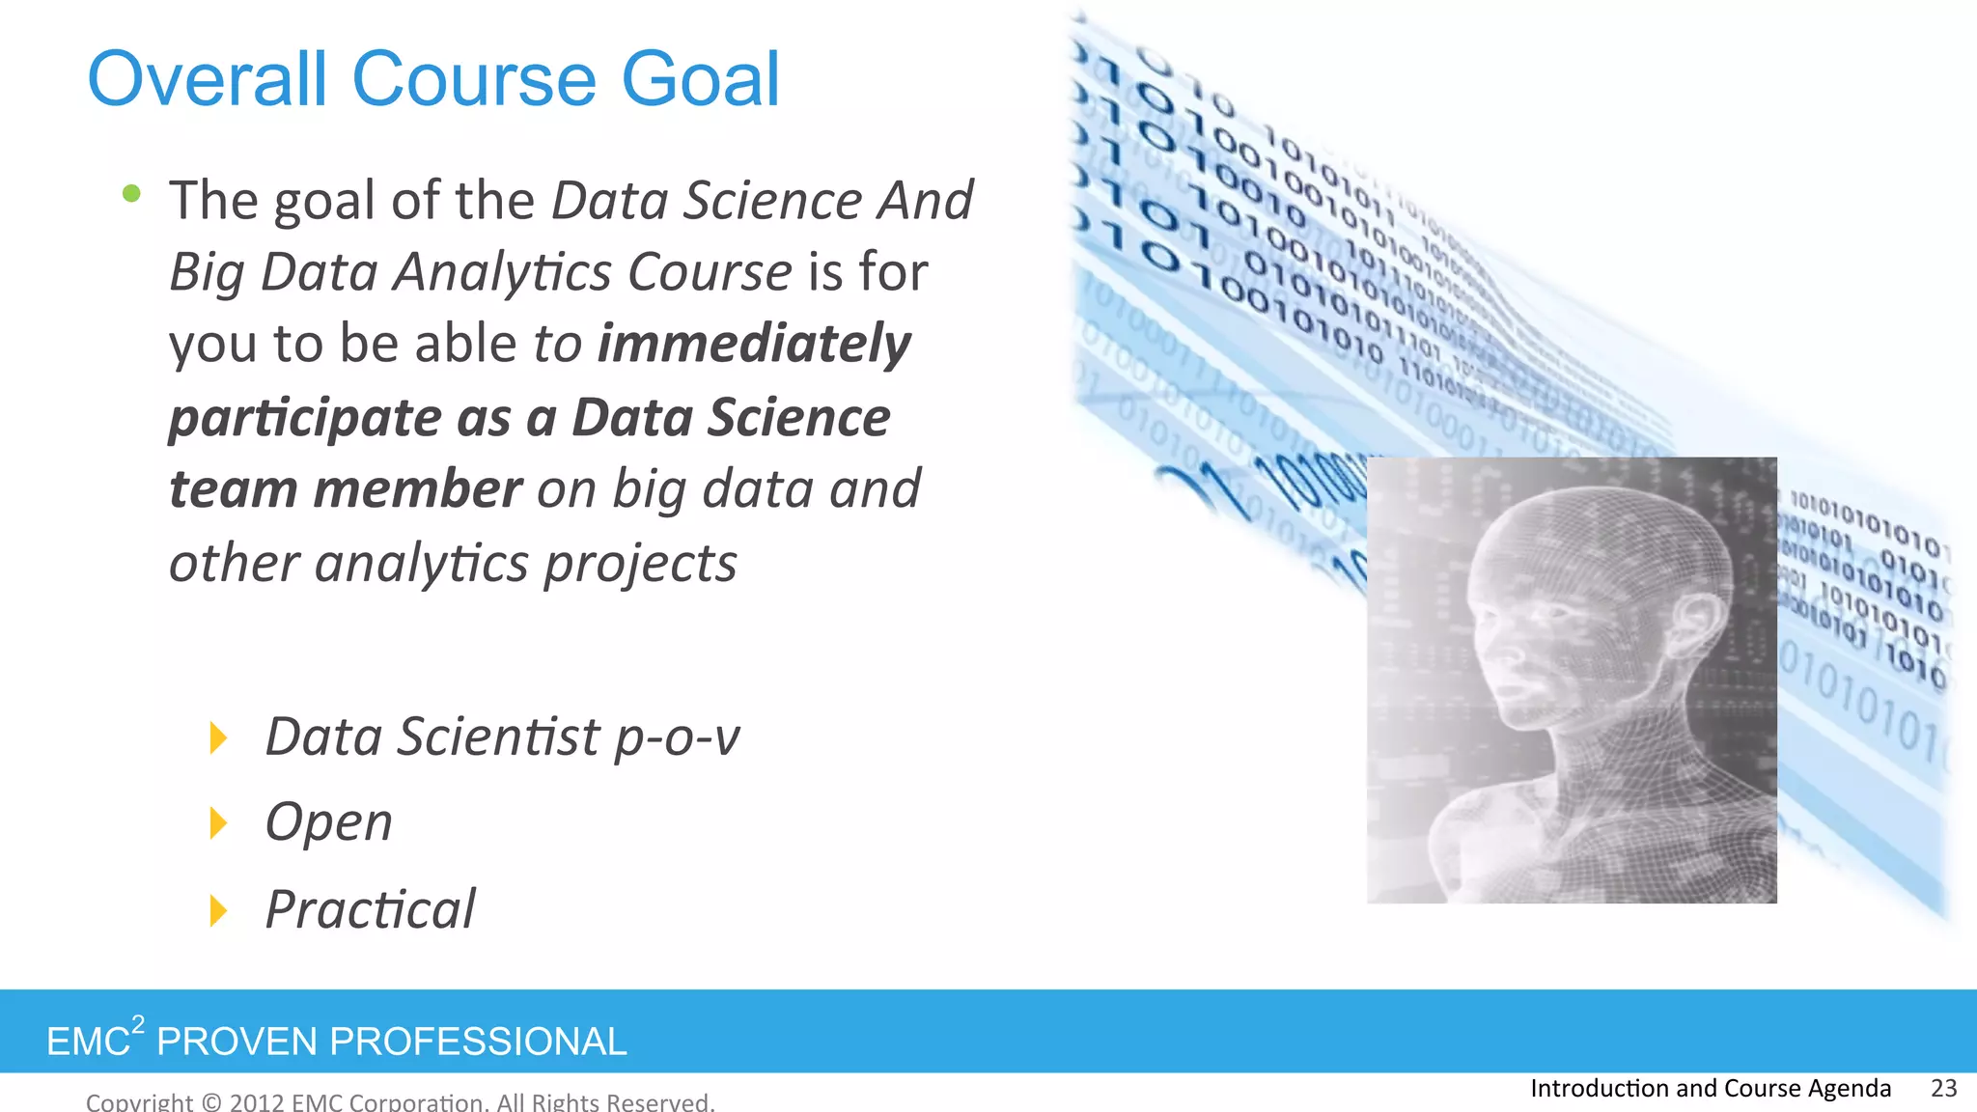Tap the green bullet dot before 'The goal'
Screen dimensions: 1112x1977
point(132,194)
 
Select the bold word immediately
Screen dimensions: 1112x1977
point(754,345)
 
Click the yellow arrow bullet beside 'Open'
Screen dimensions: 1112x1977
point(219,823)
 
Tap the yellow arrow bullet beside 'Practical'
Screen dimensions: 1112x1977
point(219,910)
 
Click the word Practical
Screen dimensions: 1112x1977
point(371,910)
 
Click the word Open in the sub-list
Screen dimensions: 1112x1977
point(329,823)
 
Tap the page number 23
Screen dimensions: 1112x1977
point(1943,1088)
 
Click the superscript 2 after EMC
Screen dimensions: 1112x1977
point(139,1024)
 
